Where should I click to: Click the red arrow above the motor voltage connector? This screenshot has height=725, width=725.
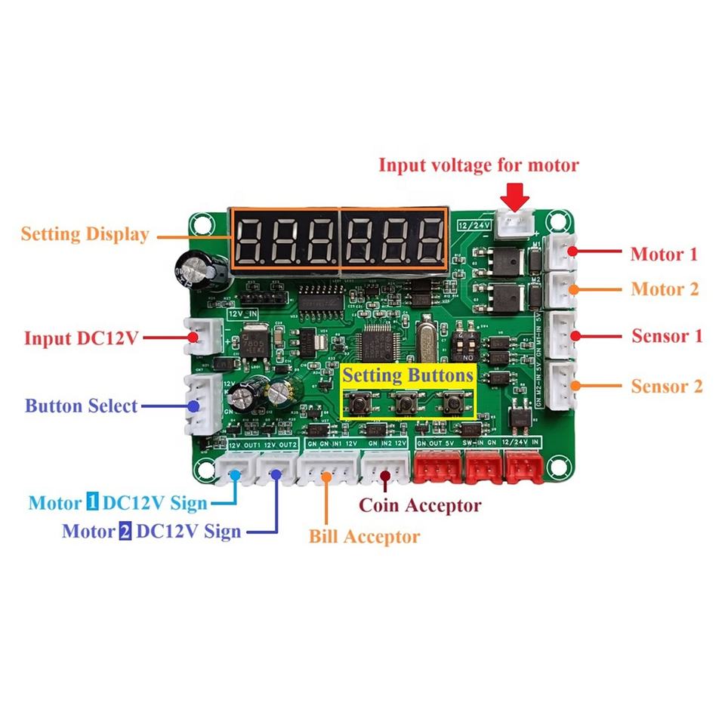[516, 198]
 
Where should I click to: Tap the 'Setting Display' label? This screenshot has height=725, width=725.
[85, 234]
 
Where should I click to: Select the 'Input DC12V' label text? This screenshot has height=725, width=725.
[82, 338]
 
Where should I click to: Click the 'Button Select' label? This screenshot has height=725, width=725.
[82, 406]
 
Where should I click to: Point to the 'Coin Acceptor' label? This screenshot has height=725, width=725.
[420, 505]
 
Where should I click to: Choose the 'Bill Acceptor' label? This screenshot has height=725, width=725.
[364, 537]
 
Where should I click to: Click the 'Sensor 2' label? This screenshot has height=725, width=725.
[667, 387]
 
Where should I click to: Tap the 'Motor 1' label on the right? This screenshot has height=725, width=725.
[665, 255]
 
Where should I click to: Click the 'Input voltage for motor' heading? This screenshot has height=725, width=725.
[479, 165]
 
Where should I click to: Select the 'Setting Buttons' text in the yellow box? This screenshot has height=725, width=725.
[408, 375]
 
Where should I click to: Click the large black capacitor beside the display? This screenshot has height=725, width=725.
[197, 270]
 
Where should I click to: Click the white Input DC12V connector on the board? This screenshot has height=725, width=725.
[205, 335]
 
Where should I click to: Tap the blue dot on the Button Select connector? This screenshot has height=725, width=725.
[194, 405]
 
